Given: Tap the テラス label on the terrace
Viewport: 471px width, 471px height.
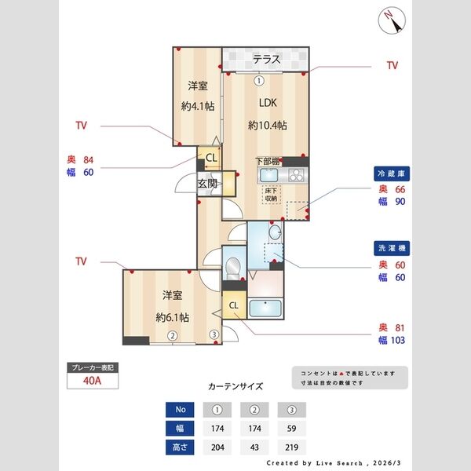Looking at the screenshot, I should [x=268, y=59].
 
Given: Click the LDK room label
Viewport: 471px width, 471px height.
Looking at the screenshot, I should [x=268, y=102].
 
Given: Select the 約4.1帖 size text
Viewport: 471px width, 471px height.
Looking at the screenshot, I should [x=196, y=107].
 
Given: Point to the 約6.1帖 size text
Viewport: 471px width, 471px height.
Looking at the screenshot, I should [x=172, y=317].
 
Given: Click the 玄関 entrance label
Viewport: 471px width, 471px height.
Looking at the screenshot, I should [x=207, y=184].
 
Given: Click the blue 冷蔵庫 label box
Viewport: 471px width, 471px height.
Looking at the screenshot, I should [x=390, y=173].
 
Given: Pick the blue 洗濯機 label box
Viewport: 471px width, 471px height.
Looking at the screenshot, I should [x=390, y=247].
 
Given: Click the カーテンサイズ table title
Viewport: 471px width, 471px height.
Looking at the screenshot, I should [x=235, y=386].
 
